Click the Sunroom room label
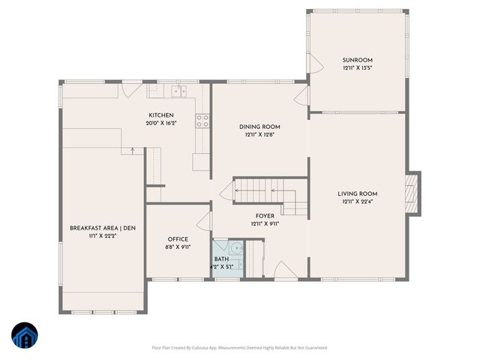point(357,60)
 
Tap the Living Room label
point(357,193)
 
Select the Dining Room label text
point(259,127)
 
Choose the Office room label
point(178,239)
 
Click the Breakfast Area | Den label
point(103,228)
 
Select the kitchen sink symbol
point(178,91)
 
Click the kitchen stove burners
point(202,120)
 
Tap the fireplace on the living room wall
point(409,192)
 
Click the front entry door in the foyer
point(285,271)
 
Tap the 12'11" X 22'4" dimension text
point(357,201)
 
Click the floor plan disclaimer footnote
point(240,347)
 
